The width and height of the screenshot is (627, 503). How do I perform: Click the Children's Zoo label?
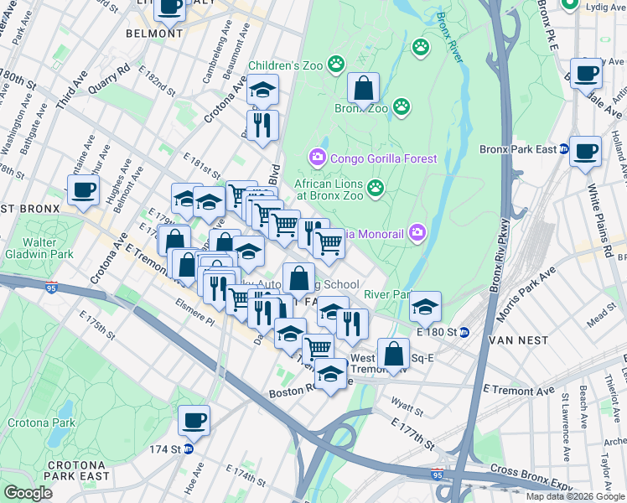pyautogui.click(x=286, y=65)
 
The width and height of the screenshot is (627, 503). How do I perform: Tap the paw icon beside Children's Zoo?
pyautogui.click(x=336, y=63)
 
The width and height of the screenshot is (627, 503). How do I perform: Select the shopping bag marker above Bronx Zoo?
pyautogui.click(x=364, y=87)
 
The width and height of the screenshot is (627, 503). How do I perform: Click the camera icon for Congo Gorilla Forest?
pyautogui.click(x=317, y=157)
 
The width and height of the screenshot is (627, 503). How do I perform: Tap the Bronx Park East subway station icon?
pyautogui.click(x=564, y=150)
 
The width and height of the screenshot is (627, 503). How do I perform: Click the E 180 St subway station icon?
pyautogui.click(x=464, y=332)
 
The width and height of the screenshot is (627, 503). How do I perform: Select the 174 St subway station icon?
pyautogui.click(x=188, y=449)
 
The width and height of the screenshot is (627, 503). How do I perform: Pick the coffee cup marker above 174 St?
pyautogui.click(x=194, y=421)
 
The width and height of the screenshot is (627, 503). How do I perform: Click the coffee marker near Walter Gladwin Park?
pyautogui.click(x=83, y=189)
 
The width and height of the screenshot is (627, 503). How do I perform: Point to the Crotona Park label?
pyautogui.click(x=36, y=423)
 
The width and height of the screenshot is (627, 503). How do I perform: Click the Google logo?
pyautogui.click(x=28, y=492)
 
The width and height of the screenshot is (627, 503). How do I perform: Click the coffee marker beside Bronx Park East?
pyautogui.click(x=586, y=151)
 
